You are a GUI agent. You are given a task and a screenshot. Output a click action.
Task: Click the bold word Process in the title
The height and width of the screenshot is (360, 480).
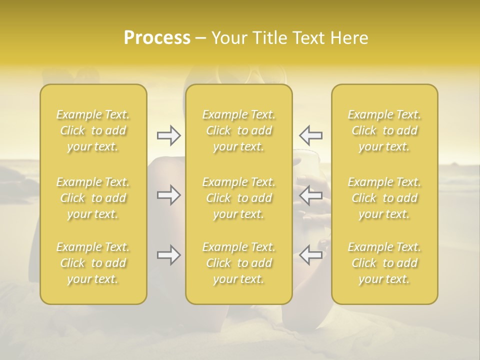click(157, 38)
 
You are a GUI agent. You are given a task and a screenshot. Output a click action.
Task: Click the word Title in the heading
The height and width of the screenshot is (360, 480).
click(271, 38)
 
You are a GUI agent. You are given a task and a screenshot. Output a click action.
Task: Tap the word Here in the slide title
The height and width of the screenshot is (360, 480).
click(349, 38)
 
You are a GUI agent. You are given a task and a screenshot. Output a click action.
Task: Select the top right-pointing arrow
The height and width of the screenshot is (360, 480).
click(168, 135)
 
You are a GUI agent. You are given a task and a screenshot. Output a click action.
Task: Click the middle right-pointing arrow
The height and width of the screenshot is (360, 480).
click(168, 195)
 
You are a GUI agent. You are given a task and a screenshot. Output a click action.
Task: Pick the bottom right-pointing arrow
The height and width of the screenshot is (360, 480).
click(168, 255)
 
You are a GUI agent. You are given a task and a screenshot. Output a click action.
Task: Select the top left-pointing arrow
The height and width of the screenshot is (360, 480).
click(311, 135)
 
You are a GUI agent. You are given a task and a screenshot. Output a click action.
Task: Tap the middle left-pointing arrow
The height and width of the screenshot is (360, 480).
click(311, 195)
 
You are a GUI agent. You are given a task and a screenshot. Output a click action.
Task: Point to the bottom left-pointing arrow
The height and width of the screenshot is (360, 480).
click(311, 255)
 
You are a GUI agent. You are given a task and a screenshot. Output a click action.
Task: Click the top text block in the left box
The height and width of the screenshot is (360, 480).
click(93, 130)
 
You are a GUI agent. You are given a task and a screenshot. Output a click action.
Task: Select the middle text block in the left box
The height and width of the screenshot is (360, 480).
click(93, 198)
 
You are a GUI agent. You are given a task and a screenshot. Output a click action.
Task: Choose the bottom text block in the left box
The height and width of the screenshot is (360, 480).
click(93, 263)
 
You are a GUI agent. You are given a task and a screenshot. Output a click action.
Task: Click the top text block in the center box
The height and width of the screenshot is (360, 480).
click(239, 130)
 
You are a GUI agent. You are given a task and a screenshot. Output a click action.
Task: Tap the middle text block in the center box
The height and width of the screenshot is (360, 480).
click(239, 198)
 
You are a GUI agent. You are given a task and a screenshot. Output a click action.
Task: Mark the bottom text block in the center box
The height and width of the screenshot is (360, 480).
click(239, 263)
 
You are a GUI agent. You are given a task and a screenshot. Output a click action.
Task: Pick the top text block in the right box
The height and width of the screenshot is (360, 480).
click(384, 130)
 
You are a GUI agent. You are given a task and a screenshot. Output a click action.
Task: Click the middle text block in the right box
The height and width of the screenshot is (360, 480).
click(384, 198)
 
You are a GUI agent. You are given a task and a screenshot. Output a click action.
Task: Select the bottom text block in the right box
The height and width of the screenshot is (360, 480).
click(384, 263)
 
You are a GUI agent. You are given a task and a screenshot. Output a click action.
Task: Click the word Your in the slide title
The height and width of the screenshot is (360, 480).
click(229, 38)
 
